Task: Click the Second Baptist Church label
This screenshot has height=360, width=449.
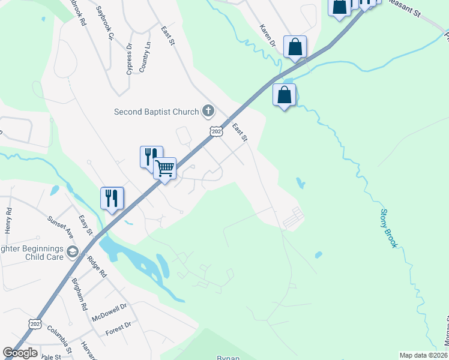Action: point(157,111)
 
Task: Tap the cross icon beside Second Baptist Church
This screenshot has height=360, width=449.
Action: point(208,110)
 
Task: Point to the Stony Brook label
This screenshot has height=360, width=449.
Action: point(389,229)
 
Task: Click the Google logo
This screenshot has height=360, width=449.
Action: point(20,352)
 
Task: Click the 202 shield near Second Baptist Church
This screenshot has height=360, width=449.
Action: point(217,131)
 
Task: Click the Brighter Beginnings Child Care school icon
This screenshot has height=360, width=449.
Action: point(73,251)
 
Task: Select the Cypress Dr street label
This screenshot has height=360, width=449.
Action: point(130,58)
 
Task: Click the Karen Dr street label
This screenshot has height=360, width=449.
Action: point(267,35)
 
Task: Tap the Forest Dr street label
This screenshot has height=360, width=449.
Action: point(118,329)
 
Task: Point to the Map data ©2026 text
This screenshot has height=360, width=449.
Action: point(423,355)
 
